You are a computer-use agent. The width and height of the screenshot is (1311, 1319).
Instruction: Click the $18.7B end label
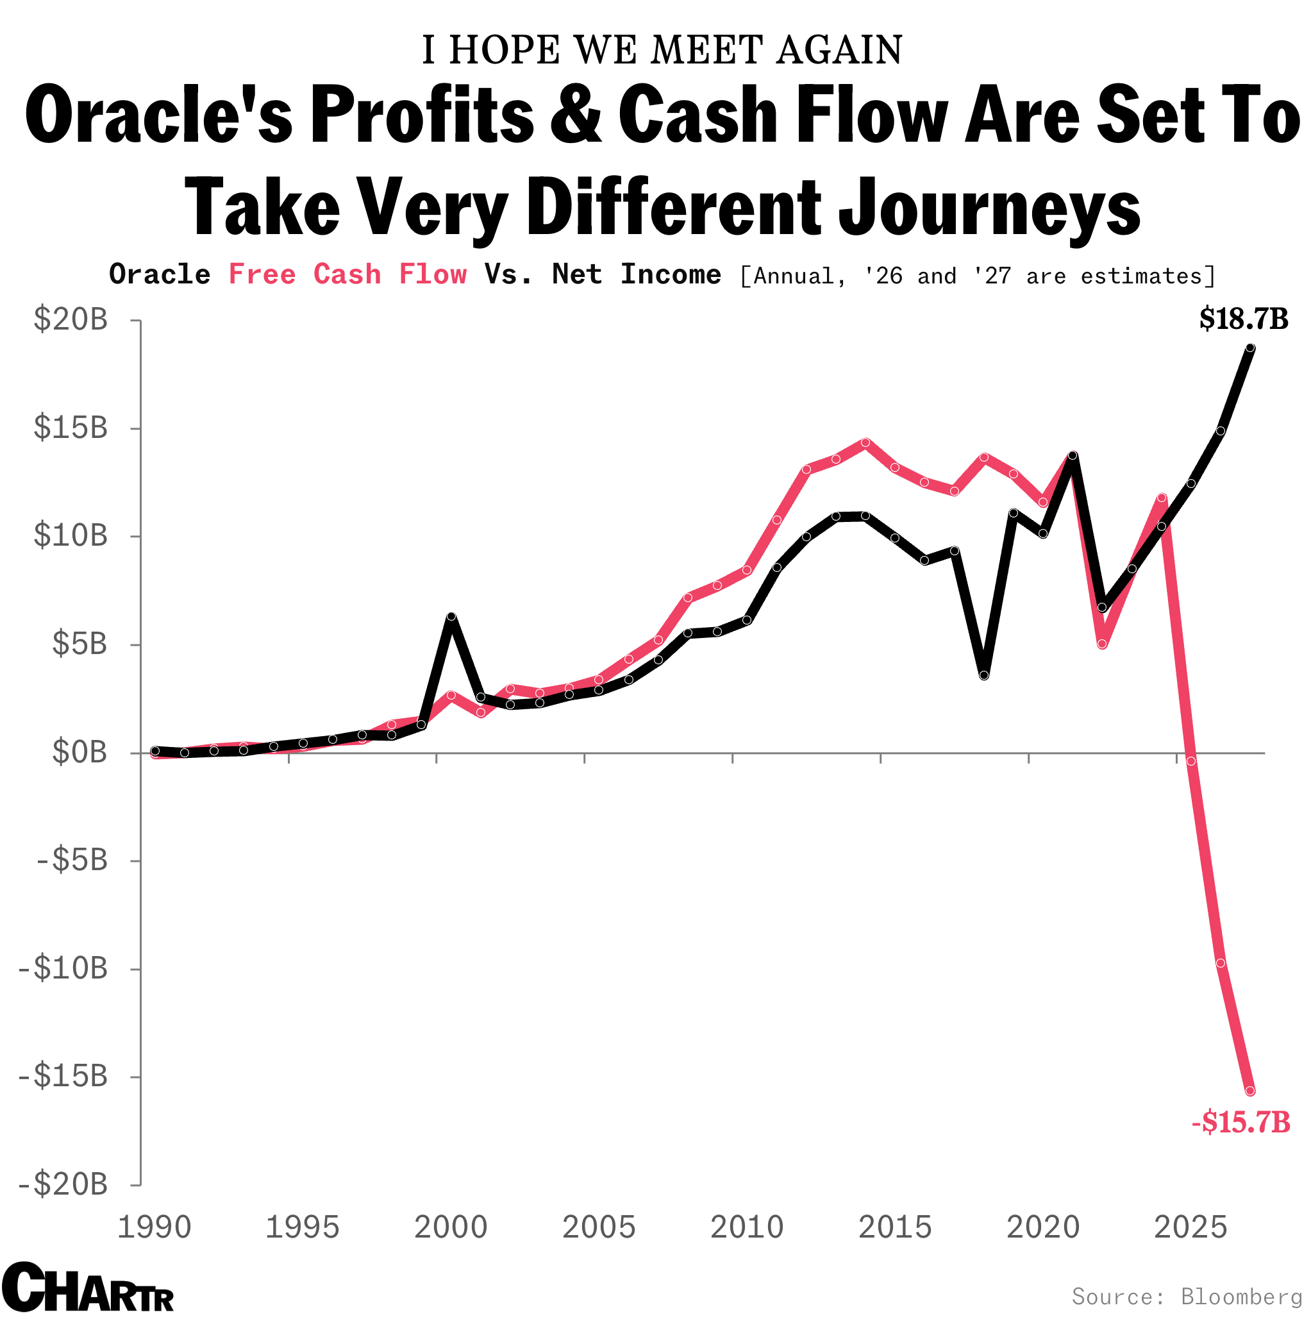click(x=1243, y=319)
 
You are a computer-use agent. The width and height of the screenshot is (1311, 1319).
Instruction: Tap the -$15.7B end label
click(x=1240, y=1122)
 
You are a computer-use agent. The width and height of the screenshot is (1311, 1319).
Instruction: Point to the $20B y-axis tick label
click(x=71, y=319)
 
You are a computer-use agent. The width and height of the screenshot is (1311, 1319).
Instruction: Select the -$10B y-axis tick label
click(x=63, y=968)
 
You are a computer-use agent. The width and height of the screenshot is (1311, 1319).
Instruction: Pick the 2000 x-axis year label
click(x=451, y=1227)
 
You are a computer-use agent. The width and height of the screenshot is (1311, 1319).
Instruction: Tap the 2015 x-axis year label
click(x=894, y=1227)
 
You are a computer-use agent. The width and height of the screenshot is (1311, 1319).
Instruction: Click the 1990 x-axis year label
click(x=154, y=1227)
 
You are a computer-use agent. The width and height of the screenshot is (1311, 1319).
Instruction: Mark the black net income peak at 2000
click(x=451, y=617)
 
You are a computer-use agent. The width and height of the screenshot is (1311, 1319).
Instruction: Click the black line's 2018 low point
click(x=983, y=675)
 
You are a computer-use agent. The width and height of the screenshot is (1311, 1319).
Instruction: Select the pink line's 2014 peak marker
click(x=865, y=442)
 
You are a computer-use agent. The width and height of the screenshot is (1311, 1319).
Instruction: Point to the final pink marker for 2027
click(x=1249, y=1091)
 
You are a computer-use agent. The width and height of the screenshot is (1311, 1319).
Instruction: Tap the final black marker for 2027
click(x=1249, y=348)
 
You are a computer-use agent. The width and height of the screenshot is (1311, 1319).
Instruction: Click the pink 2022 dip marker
click(x=1101, y=644)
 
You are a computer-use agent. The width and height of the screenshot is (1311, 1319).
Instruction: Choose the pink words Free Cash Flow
click(x=347, y=274)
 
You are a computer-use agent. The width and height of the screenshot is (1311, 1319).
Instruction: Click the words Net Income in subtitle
click(x=636, y=274)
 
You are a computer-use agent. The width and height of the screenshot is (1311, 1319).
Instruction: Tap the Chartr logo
click(x=87, y=1288)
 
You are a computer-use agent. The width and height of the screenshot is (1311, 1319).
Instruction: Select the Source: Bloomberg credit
click(x=1187, y=1296)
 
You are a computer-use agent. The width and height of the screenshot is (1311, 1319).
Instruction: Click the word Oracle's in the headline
click(x=158, y=115)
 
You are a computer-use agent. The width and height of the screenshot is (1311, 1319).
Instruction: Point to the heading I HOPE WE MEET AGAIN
click(x=662, y=51)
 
